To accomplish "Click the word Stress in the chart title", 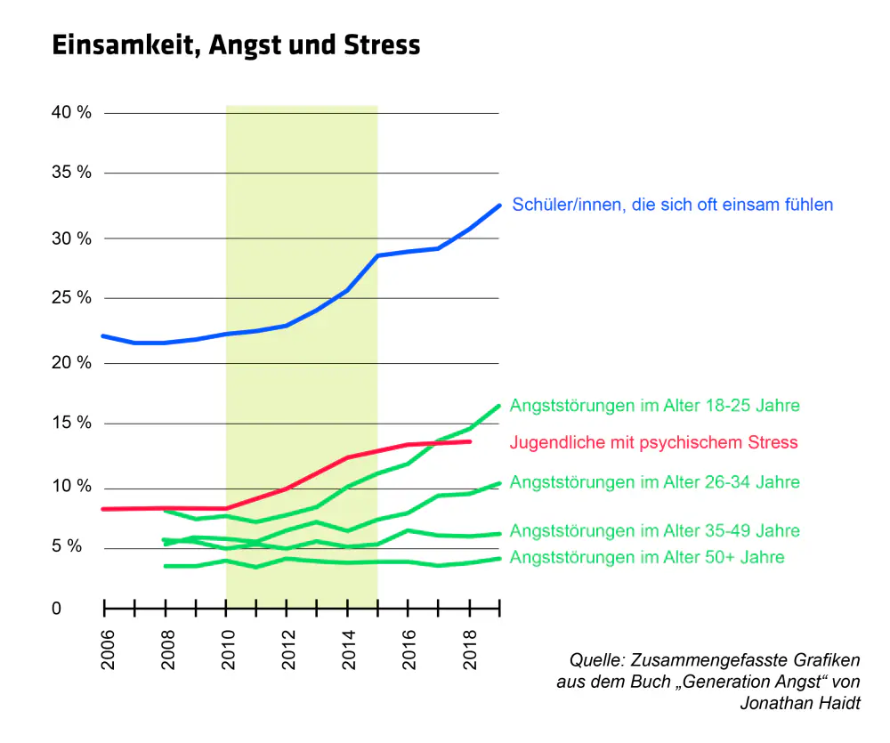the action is (x=382, y=44).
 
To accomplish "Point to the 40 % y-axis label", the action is (x=71, y=112).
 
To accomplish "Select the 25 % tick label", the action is (x=71, y=297).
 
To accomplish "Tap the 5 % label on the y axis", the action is (x=67, y=546).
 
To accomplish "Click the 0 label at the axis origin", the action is (x=56, y=609).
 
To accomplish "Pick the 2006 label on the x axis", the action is (x=108, y=650).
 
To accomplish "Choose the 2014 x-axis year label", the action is (x=349, y=650).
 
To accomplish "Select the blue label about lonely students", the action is (x=673, y=205).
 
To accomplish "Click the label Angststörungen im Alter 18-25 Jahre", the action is (x=654, y=405).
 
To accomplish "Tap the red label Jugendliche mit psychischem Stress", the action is (x=654, y=442).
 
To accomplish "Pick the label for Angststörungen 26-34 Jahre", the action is (x=654, y=482).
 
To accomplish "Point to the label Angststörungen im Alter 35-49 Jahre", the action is (x=654, y=530).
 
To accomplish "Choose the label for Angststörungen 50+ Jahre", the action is (x=647, y=557).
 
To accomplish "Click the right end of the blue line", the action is (x=499, y=206).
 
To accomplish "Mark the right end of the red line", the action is (x=470, y=441).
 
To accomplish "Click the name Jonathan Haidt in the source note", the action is (x=800, y=703).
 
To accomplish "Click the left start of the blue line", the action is (x=103, y=336).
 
